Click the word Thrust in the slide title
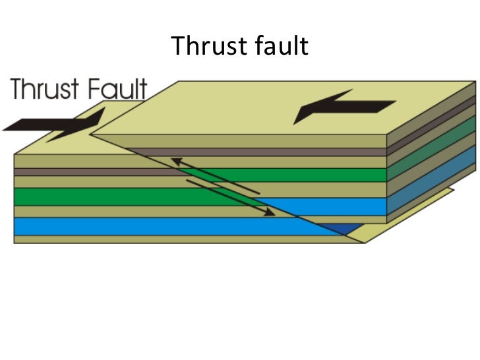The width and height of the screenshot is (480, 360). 204,47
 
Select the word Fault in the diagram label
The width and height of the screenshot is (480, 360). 119,89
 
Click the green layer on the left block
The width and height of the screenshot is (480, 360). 99,196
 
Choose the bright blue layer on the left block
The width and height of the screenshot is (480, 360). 132,226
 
